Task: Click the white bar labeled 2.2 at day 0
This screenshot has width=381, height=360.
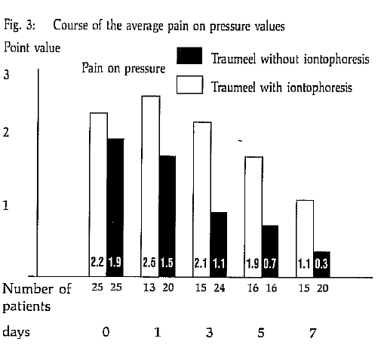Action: coord(98,195)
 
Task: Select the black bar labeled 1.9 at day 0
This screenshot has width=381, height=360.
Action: coord(115,208)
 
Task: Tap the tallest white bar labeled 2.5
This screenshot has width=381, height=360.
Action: coord(150,186)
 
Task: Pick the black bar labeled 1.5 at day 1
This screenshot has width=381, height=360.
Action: coord(167,217)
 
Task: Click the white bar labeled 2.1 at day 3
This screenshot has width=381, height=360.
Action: coord(202,199)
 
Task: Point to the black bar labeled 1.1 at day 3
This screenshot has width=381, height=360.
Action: coord(219,245)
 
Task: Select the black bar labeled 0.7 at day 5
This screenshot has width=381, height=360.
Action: coord(271,251)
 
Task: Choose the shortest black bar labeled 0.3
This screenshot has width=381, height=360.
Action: coord(322,264)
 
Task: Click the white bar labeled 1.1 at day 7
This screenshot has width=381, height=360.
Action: coord(305,238)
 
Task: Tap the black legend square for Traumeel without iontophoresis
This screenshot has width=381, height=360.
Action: coord(189,56)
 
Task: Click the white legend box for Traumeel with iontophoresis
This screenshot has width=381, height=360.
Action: coord(189,85)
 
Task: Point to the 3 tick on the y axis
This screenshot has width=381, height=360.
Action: coord(7,75)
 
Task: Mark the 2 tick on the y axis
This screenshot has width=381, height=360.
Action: coord(6,132)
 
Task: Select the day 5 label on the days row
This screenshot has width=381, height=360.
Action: coord(261,333)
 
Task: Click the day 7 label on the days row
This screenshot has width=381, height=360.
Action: coord(312,334)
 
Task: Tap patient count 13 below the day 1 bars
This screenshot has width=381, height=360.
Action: coord(149,288)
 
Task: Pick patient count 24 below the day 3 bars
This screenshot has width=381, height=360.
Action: coord(220,288)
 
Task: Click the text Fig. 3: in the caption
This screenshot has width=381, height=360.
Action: coord(20,26)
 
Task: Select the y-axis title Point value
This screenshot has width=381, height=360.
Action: coord(32,48)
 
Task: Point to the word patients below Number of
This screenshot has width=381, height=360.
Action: coord(26,307)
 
